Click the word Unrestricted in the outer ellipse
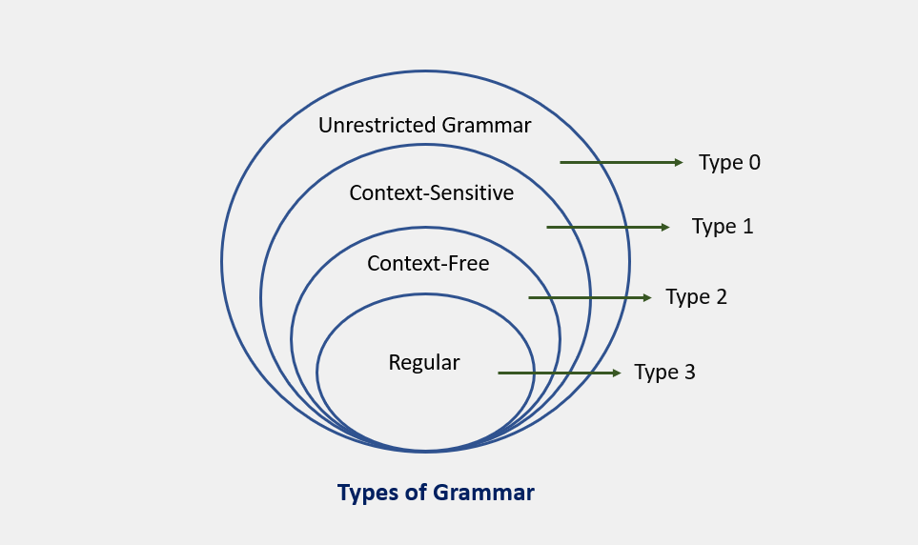[377, 125]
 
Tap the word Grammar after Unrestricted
[486, 125]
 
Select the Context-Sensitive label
[432, 192]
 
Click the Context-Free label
[428, 263]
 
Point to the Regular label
[424, 363]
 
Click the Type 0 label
[729, 163]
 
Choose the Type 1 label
[723, 227]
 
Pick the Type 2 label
[696, 297]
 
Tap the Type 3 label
[664, 373]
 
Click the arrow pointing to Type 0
[622, 162]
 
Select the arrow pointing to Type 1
[607, 227]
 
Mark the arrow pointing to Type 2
[589, 298]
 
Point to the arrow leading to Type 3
[560, 373]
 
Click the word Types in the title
[368, 494]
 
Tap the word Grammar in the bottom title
[484, 493]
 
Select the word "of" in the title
[416, 493]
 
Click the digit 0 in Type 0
[755, 162]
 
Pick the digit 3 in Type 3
[689, 372]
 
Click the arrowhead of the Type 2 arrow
[647, 298]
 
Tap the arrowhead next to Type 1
[665, 227]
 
